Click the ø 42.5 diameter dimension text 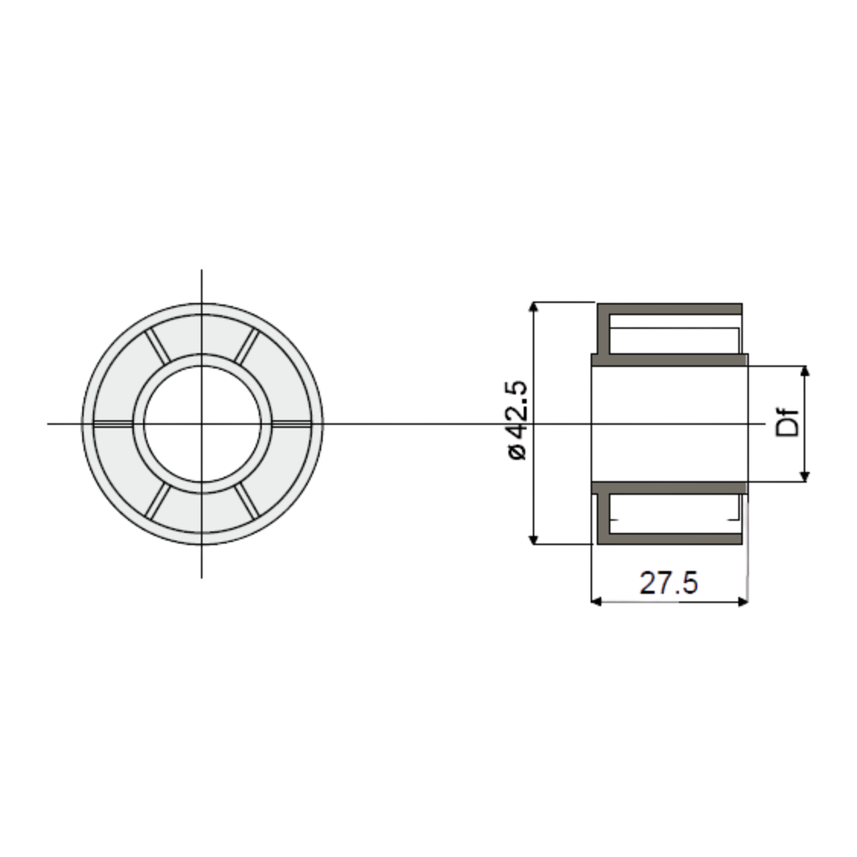click(517, 420)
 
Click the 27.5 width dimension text click(669, 582)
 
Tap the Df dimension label click(788, 422)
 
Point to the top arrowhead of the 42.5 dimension click(534, 306)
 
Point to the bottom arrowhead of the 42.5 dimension click(534, 540)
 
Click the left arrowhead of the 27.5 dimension click(597, 601)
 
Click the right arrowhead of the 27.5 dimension click(743, 601)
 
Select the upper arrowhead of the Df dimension click(804, 372)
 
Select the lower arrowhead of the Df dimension click(804, 476)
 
